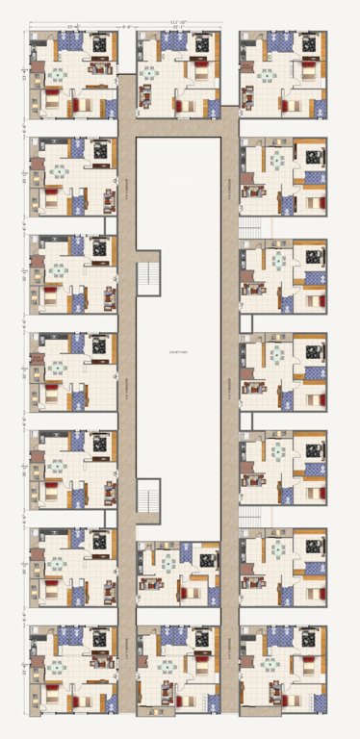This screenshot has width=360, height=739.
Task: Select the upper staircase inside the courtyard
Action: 147,277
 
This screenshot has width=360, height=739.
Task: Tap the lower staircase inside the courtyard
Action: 147,497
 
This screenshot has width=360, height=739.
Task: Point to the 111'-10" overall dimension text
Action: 176,23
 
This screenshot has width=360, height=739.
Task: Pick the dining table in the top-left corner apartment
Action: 58,72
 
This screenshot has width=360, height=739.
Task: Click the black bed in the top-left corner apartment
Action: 99,44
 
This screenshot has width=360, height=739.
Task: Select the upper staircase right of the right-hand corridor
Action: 252,228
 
